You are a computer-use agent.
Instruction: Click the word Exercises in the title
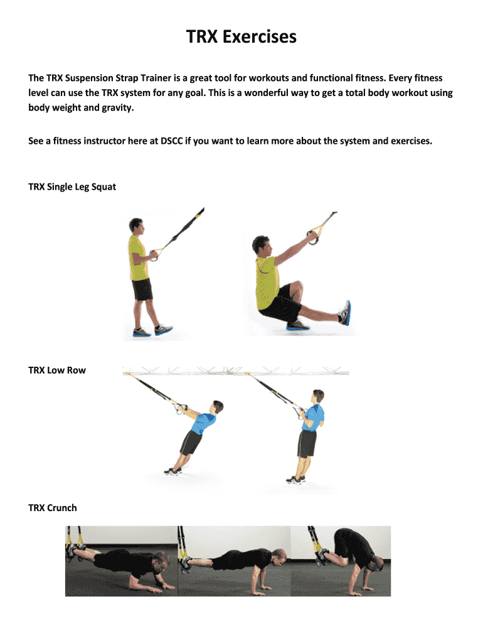[259, 36]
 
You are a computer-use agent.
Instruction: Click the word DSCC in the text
[172, 141]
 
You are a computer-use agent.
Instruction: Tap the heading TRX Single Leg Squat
[72, 187]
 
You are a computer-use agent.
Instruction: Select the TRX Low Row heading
[57, 370]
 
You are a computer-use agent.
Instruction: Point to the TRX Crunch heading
[53, 508]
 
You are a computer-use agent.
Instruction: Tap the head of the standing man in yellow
[136, 225]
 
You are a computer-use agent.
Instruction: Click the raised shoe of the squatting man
[345, 313]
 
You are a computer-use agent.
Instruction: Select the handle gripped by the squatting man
[314, 237]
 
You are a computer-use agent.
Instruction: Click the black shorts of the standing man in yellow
[142, 289]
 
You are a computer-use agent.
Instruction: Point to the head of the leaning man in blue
[217, 407]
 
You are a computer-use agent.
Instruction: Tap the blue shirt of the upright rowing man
[314, 418]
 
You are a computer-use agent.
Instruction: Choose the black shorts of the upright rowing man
[307, 443]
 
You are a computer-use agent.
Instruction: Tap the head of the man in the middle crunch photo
[279, 558]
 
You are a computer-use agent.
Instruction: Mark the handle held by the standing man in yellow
[154, 255]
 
